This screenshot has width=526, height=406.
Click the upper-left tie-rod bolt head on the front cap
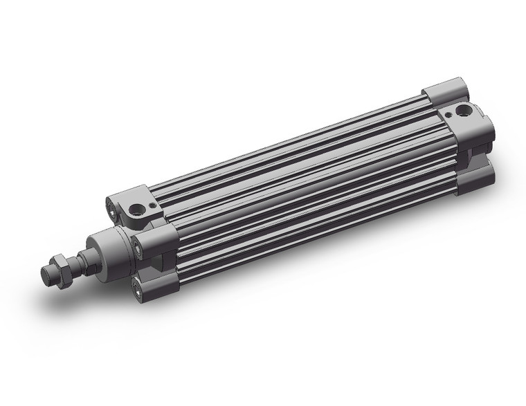(112, 204)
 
